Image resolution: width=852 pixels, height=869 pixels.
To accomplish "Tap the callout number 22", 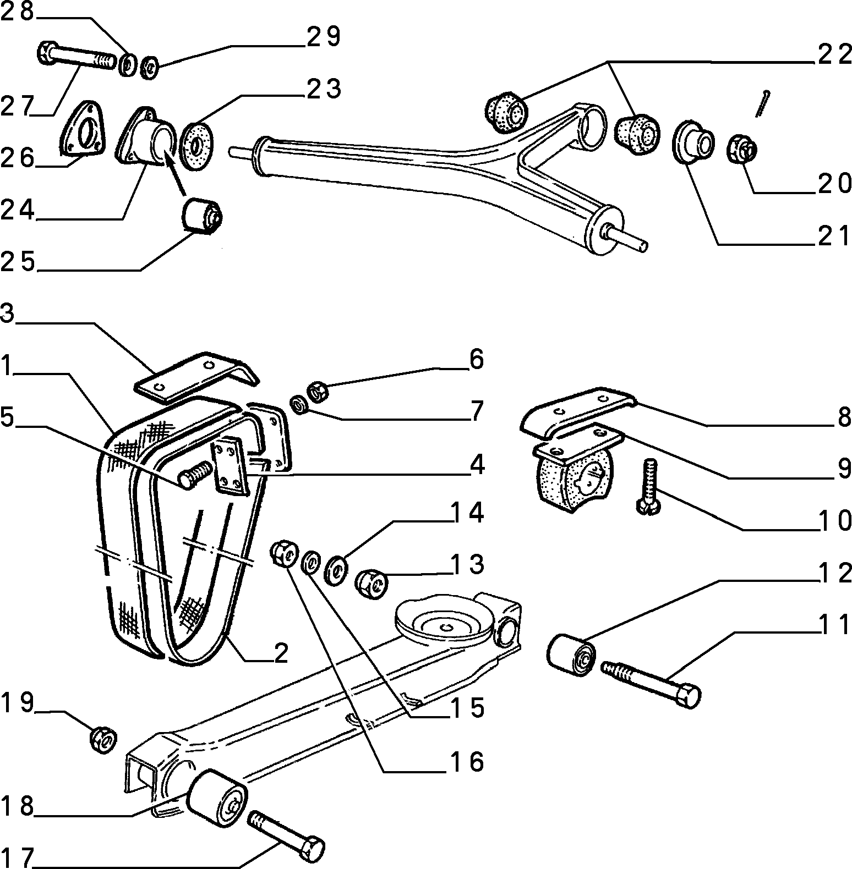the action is coord(834,55).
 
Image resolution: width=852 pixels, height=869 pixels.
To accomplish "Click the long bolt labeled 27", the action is coord(77,57).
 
